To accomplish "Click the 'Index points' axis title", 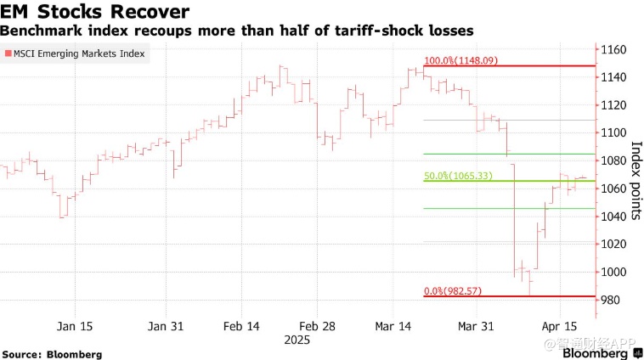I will [x=635, y=175].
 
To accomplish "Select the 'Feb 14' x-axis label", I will [x=242, y=326].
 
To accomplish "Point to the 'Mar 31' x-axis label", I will [x=476, y=326].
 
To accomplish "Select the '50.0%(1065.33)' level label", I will [x=458, y=177].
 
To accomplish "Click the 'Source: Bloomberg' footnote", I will [x=52, y=353].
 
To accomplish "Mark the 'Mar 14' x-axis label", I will [x=393, y=326].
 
